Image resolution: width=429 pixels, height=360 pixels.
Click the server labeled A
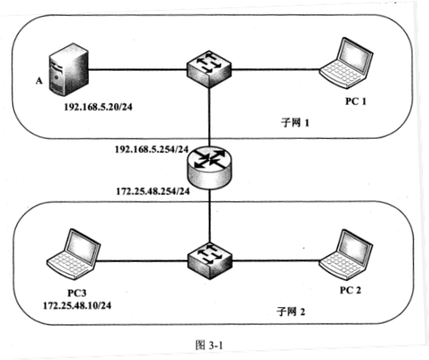coord(68,69)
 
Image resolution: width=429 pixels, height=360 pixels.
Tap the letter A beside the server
coord(40,81)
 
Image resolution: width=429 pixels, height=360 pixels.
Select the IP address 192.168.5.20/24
coord(98,107)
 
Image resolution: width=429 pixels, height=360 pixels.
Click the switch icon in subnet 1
coord(209,69)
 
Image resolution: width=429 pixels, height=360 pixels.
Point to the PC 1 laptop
coord(346,63)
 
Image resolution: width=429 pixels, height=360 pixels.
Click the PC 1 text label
coord(356,102)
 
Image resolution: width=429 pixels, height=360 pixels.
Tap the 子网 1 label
coord(295,122)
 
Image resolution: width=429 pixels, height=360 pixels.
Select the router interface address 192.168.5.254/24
coord(152,149)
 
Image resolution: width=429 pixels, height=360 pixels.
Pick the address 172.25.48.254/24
coord(153,191)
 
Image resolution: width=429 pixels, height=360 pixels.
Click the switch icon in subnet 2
coord(210,260)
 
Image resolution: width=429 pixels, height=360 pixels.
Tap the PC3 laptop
coord(73,254)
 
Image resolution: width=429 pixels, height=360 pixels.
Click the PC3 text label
coord(77,293)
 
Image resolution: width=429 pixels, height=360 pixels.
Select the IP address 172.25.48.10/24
coord(78,306)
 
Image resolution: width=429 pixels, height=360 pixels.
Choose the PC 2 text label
coord(351,291)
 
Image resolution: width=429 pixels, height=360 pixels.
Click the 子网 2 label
coord(290,312)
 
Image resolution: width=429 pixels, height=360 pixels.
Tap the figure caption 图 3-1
coord(209,345)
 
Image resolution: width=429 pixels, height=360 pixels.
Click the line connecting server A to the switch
coord(138,69)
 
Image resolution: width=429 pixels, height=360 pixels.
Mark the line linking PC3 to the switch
coord(142,261)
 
